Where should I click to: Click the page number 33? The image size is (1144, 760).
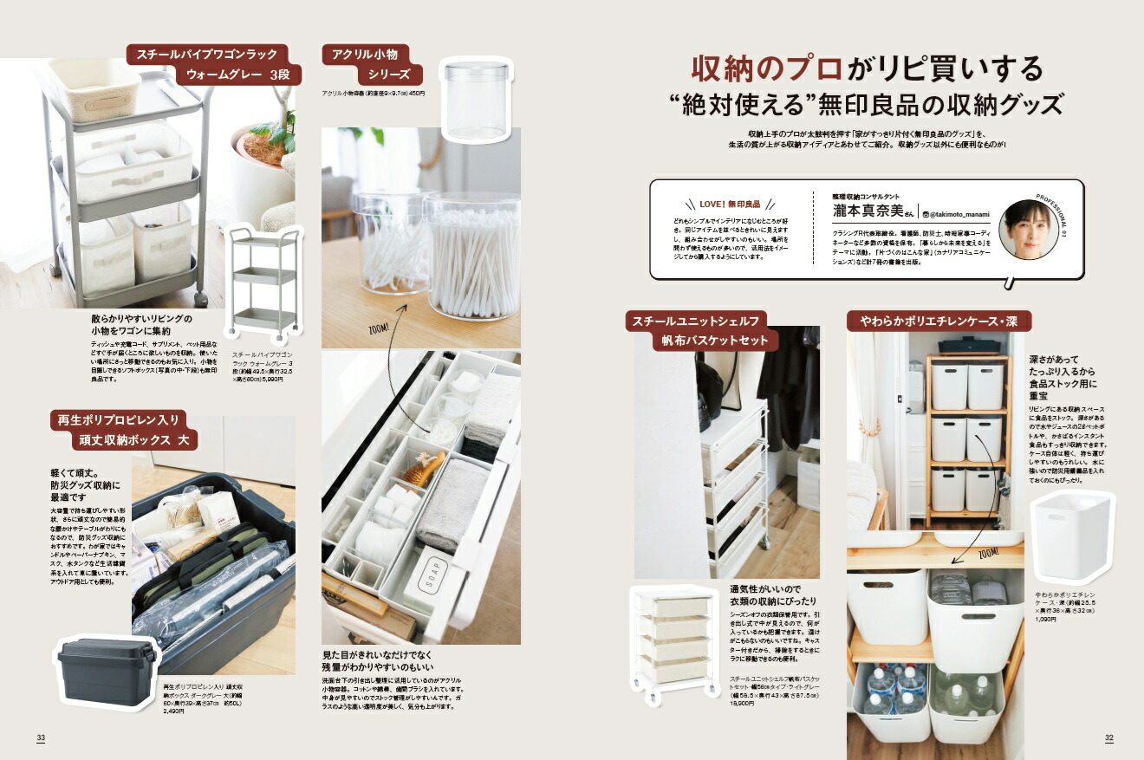click(41, 737)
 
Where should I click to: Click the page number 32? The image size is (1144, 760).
click(1108, 737)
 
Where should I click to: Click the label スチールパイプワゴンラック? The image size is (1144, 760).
click(215, 55)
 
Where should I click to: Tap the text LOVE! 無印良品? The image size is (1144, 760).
click(729, 204)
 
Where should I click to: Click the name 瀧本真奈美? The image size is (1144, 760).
click(867, 211)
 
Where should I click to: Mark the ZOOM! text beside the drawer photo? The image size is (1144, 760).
click(379, 330)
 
